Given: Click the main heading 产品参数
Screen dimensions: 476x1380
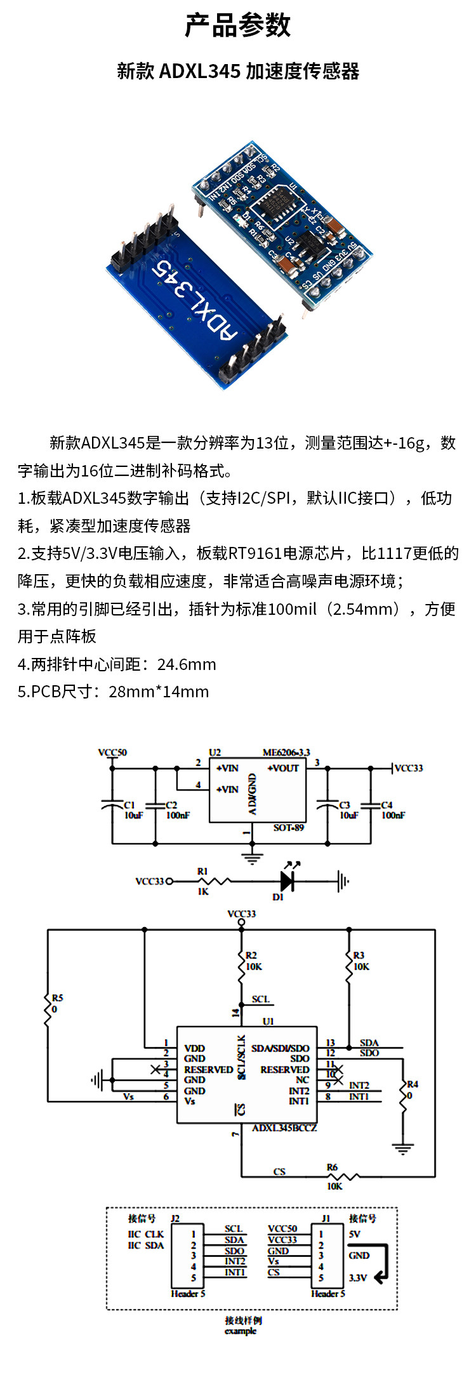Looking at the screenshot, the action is (238, 25).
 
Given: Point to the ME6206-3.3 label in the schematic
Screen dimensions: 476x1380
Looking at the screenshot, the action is (286, 752).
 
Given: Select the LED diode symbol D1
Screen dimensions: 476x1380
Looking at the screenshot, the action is (287, 881).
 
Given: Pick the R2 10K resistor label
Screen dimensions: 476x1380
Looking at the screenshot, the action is (253, 961).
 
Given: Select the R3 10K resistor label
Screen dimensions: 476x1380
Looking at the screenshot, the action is (360, 961).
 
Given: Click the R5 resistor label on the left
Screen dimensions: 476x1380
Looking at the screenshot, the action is (57, 1002).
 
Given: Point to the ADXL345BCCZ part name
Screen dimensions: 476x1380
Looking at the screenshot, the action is (284, 1127).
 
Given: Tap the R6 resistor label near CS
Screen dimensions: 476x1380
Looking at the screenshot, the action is (333, 1167).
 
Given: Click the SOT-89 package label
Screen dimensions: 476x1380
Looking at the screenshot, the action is (289, 827).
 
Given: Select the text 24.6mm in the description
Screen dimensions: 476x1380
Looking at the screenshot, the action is (187, 664).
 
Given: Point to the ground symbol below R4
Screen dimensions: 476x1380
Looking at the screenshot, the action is (403, 1147).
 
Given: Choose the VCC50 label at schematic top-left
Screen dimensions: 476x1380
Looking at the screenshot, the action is (112, 752).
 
